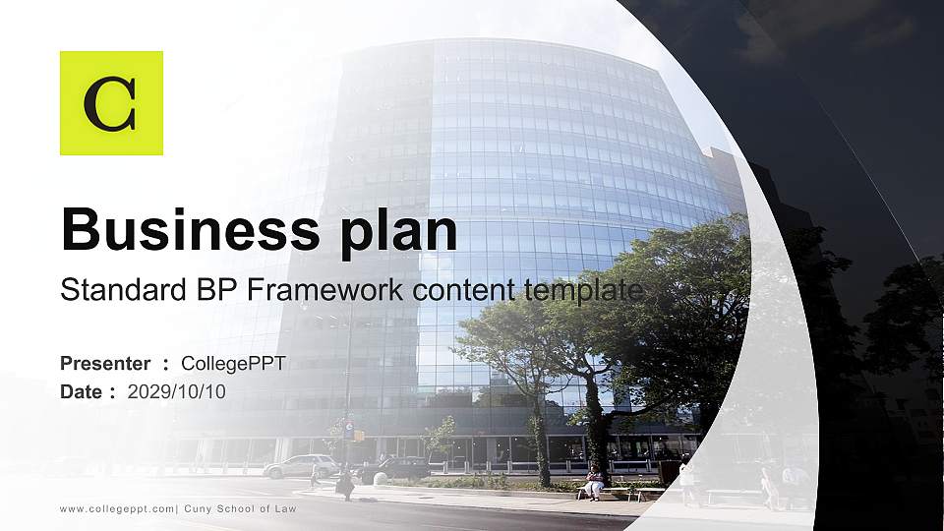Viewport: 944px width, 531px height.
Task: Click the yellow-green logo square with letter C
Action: (111, 103)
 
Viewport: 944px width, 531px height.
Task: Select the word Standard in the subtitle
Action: (116, 290)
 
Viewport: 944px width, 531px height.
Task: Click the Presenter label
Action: (105, 364)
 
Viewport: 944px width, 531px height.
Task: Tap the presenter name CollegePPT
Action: (233, 364)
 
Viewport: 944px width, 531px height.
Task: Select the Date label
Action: (82, 392)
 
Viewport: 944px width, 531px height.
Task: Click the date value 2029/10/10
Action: (177, 392)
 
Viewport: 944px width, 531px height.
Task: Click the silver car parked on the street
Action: (300, 466)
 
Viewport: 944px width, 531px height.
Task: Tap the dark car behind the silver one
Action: (394, 469)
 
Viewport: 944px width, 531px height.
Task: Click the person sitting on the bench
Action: (594, 484)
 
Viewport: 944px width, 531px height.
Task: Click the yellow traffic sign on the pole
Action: (359, 435)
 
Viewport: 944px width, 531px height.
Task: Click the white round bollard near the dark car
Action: (380, 479)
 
